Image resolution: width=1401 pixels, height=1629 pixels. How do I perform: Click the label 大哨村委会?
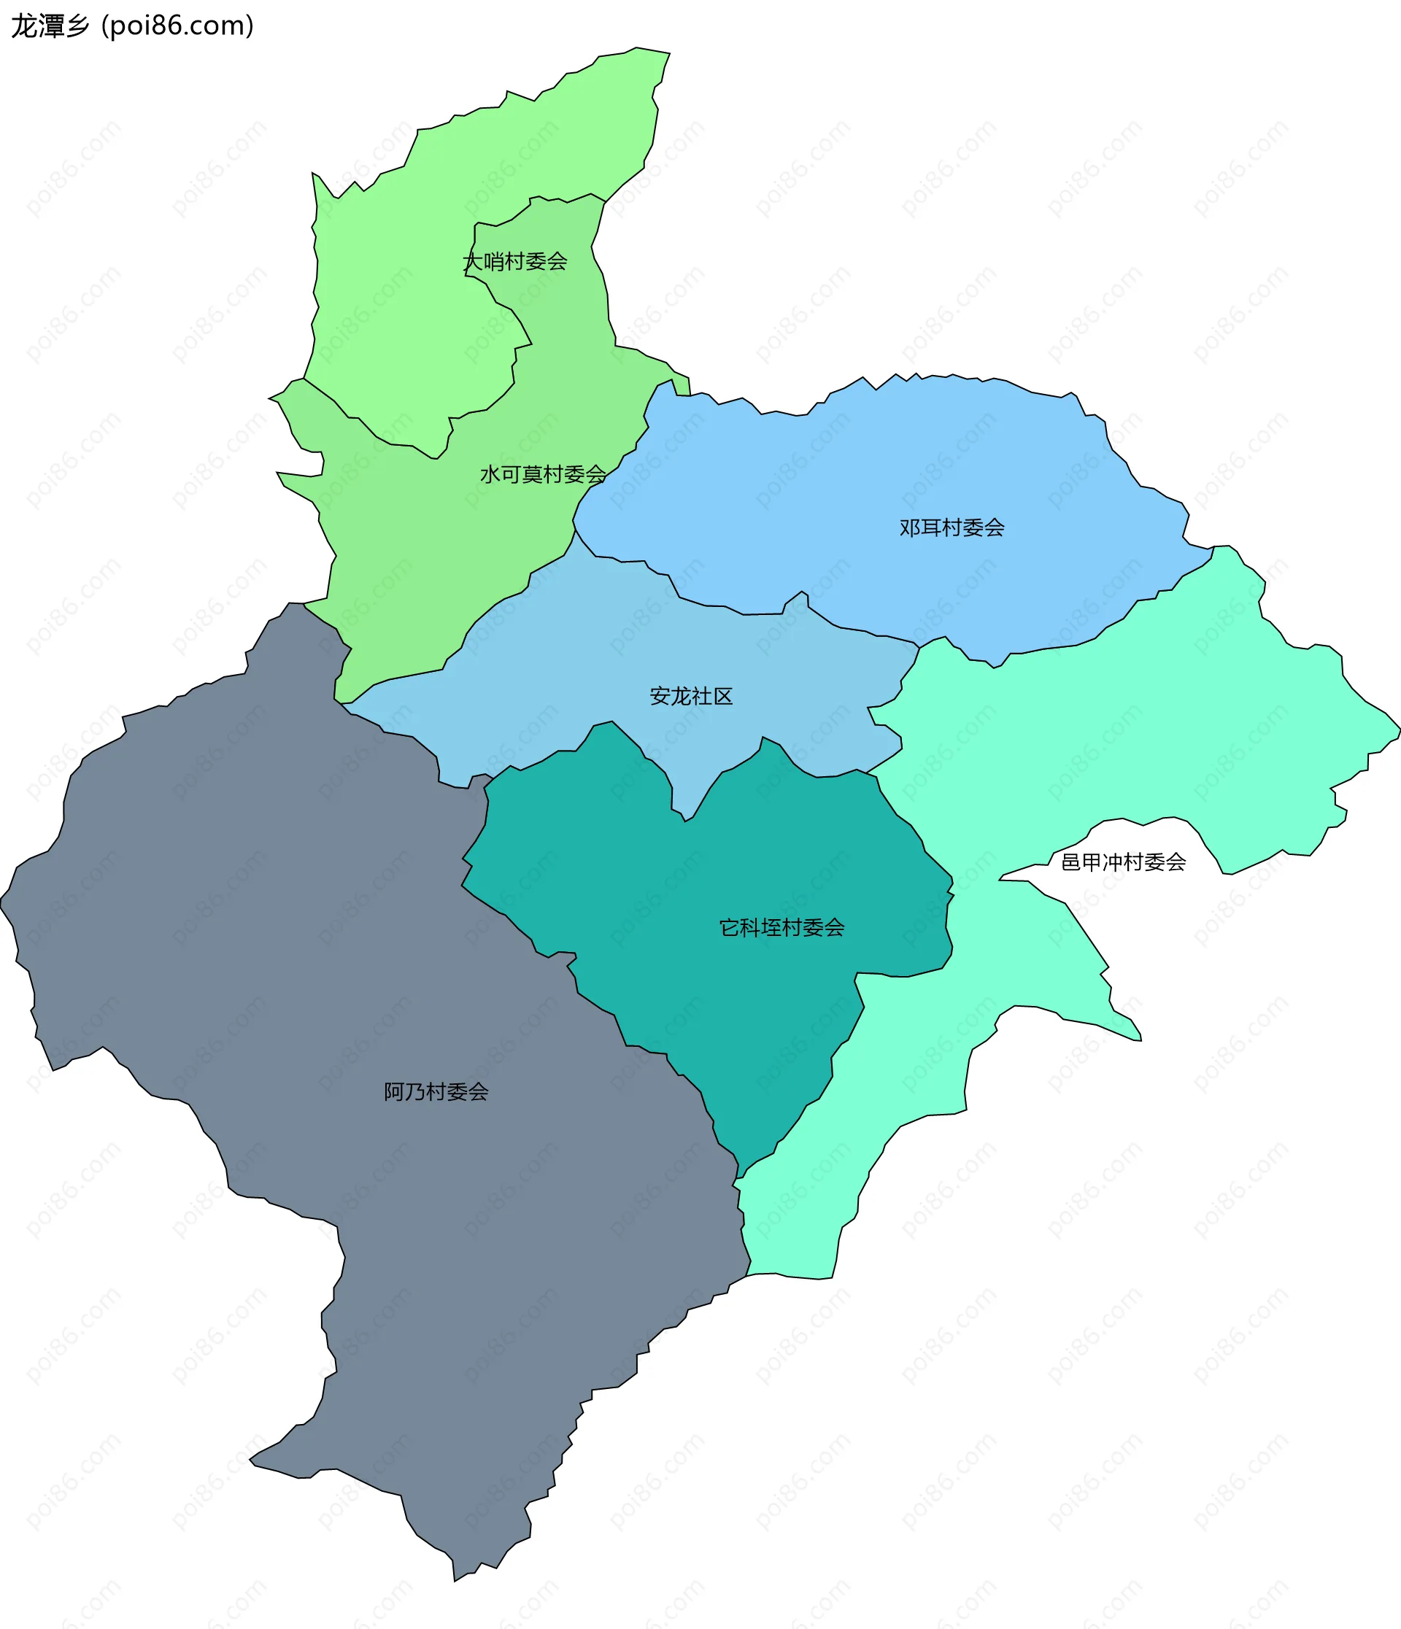[x=515, y=261]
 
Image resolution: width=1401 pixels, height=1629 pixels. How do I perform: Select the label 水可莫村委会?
[x=542, y=474]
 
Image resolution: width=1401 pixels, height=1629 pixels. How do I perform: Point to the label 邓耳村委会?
[x=952, y=527]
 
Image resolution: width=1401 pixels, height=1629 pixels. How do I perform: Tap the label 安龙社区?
[x=691, y=696]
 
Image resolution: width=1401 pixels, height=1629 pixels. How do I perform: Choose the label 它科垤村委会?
[x=781, y=928]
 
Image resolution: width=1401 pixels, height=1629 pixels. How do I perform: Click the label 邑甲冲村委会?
[x=1123, y=862]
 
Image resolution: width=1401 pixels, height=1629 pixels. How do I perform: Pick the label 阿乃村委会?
[x=436, y=1091]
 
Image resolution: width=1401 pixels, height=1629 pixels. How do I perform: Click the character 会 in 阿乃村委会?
[x=478, y=1091]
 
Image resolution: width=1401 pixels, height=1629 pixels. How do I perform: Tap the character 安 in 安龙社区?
[x=660, y=696]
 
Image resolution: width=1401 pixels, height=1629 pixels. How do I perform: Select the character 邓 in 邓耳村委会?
[x=910, y=527]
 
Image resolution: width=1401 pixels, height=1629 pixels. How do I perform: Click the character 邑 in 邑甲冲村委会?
[x=1070, y=862]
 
